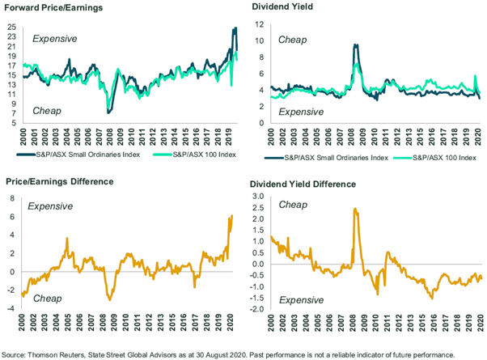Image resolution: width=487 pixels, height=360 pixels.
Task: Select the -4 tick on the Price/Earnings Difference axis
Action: tap(11, 308)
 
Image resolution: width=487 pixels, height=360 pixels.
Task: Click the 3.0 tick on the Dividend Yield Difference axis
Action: tap(256, 197)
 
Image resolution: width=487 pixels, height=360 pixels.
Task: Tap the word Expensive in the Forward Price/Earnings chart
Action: tap(53, 38)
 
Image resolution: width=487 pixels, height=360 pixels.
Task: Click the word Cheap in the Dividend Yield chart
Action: tap(293, 39)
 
